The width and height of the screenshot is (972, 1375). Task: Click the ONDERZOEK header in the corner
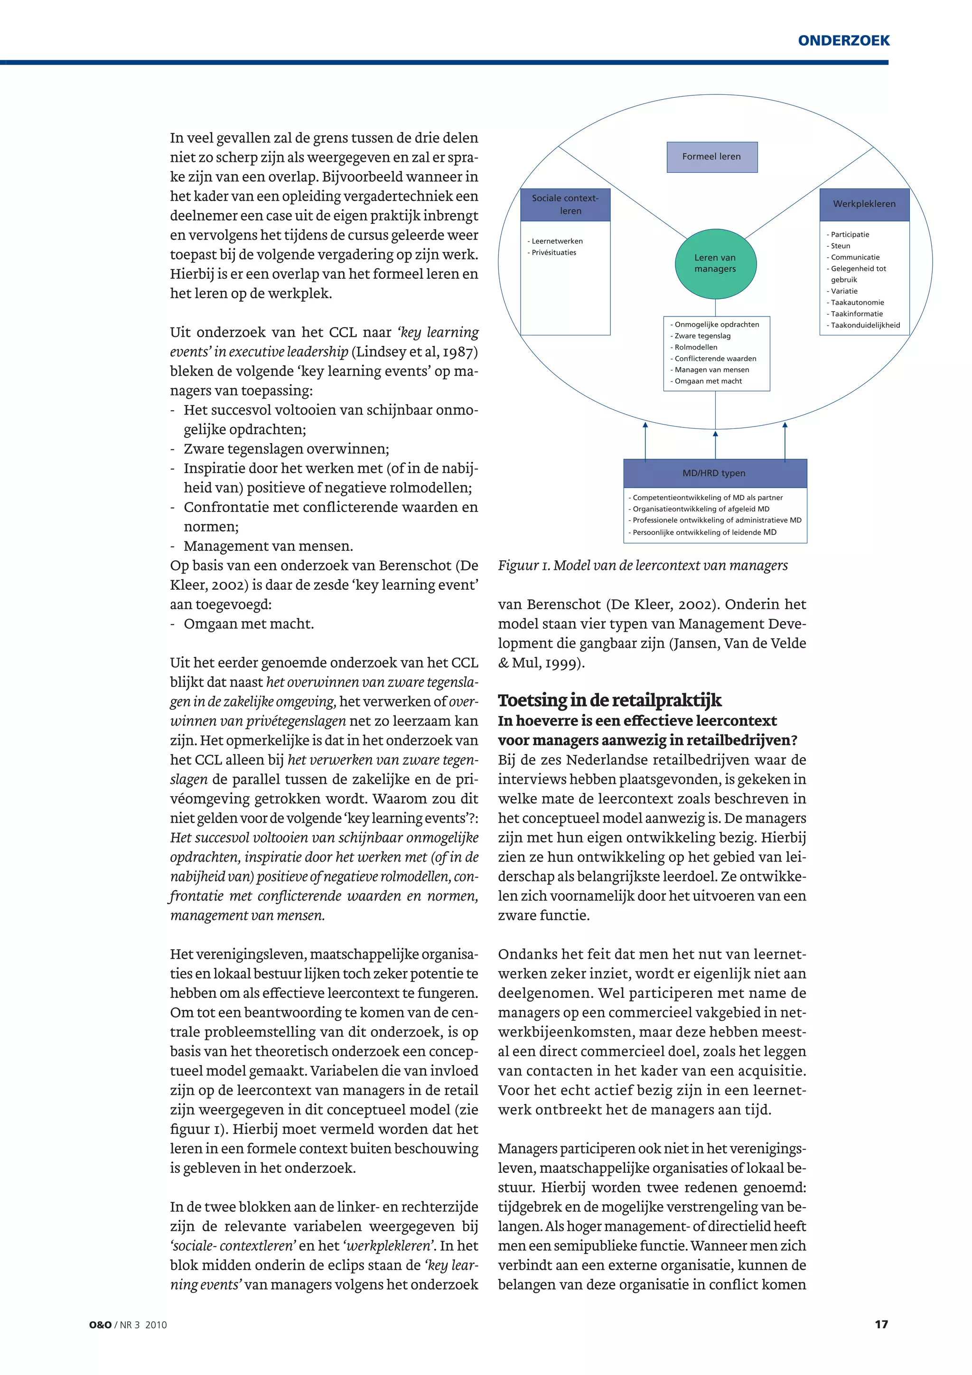click(843, 41)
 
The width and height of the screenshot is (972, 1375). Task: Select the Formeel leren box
click(711, 157)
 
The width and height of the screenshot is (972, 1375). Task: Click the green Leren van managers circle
click(715, 263)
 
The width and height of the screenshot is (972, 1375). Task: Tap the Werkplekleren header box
click(864, 204)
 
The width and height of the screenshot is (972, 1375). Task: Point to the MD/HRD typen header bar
click(714, 473)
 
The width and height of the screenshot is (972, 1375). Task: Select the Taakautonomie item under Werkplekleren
click(857, 302)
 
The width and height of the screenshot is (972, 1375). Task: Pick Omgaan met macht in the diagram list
click(708, 381)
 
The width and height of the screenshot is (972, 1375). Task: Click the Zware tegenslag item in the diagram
click(702, 336)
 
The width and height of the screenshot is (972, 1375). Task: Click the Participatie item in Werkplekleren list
click(849, 235)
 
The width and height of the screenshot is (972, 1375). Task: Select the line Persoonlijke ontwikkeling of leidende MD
click(704, 532)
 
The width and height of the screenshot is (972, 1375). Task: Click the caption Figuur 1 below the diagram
click(643, 566)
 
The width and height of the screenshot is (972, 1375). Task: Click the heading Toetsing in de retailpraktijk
click(609, 700)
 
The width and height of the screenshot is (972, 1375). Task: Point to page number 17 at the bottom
click(881, 1324)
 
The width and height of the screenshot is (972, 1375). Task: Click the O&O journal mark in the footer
click(100, 1325)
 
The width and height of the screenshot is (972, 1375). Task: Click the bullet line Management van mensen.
click(268, 546)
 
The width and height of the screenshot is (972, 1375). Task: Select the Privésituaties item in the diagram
click(553, 253)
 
